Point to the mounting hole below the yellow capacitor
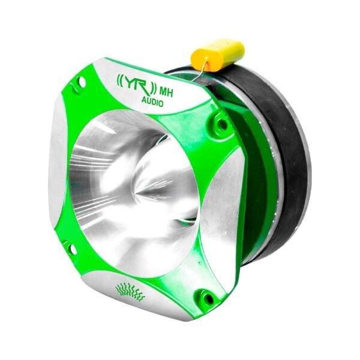221,125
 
